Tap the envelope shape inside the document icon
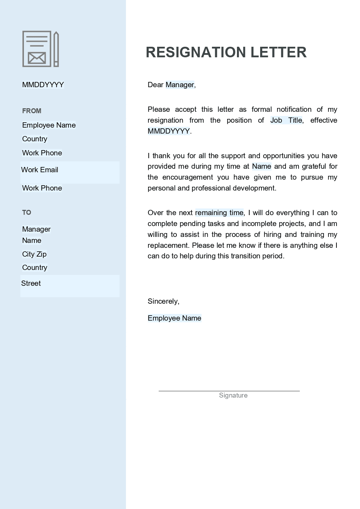[x=37, y=58]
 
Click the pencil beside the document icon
[x=56, y=49]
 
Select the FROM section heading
[x=32, y=111]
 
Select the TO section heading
[x=27, y=212]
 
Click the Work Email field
[x=40, y=170]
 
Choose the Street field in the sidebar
[x=31, y=283]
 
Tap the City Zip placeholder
[x=34, y=254]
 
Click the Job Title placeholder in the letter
[x=286, y=120]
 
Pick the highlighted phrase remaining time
[x=219, y=213]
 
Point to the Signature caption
[x=233, y=395]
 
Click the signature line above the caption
[x=229, y=391]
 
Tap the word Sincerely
[x=163, y=301]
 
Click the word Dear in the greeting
[x=155, y=85]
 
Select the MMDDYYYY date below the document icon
[x=43, y=85]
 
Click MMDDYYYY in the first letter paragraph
[x=169, y=131]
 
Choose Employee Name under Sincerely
[x=174, y=318]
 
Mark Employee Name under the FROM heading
[x=49, y=125]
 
